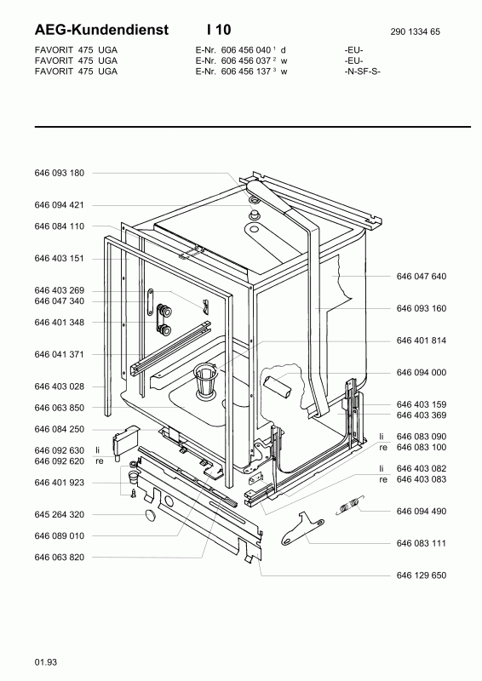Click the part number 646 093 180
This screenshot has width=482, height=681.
click(x=59, y=173)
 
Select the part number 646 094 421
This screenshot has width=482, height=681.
click(x=59, y=205)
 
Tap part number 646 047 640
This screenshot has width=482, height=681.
click(x=422, y=276)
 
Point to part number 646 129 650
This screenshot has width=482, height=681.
click(x=422, y=575)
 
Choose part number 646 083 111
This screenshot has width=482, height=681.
click(x=422, y=543)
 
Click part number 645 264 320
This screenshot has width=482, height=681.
click(x=59, y=515)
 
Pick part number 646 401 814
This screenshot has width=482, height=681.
click(x=422, y=340)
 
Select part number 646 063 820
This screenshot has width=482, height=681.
click(x=59, y=558)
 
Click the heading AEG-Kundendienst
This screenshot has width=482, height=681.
click(x=101, y=30)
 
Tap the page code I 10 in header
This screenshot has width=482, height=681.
click(x=219, y=30)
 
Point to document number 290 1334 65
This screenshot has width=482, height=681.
click(x=415, y=31)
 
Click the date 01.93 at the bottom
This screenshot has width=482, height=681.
click(x=46, y=662)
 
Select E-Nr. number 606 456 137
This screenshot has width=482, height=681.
click(x=246, y=72)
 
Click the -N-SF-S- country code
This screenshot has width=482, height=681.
click(x=362, y=72)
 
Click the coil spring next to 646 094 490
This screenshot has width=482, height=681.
click(x=350, y=505)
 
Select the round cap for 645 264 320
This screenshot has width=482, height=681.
click(x=151, y=515)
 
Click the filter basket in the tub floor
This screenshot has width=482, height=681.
click(x=206, y=380)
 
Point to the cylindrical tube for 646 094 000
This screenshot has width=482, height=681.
click(x=278, y=386)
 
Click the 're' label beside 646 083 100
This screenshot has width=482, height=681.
click(x=383, y=448)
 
